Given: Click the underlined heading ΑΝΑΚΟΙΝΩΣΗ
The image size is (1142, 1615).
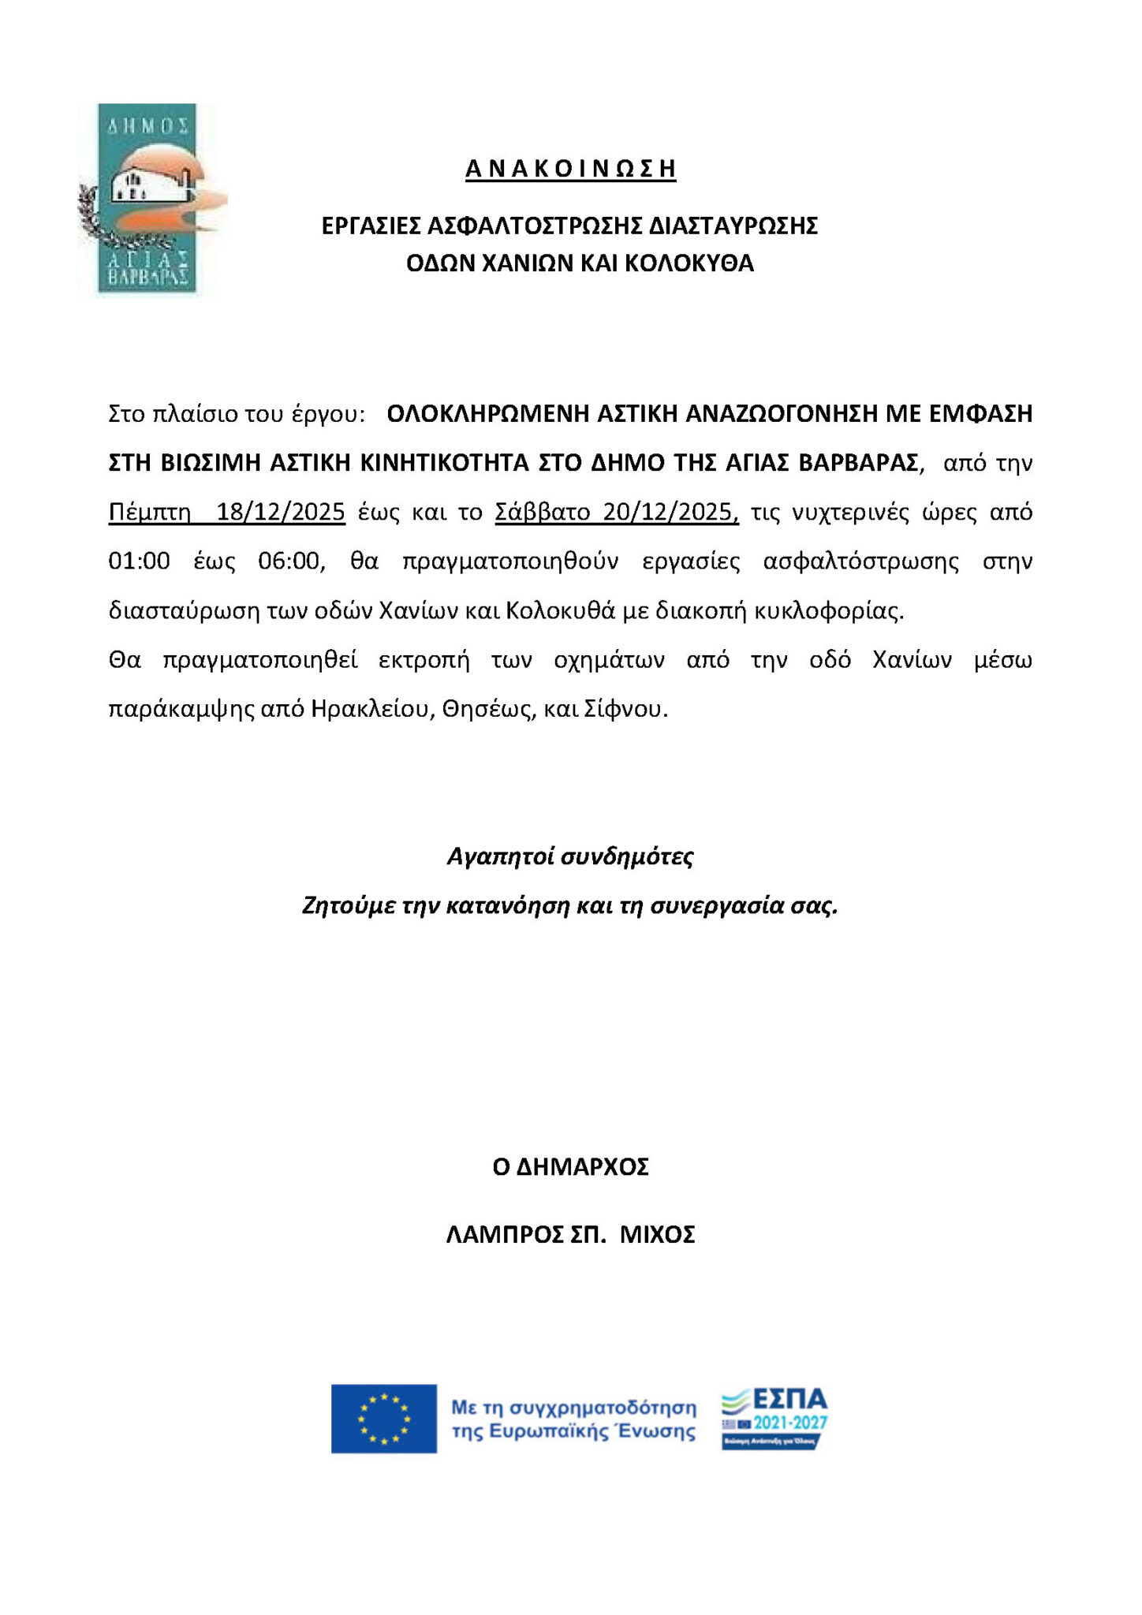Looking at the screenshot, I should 570,169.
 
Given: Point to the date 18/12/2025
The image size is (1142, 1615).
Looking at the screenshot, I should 281,513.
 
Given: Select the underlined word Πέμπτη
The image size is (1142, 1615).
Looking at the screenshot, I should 149,513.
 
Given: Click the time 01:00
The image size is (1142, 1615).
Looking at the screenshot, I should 139,561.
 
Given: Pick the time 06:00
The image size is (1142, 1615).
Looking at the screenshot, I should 291,561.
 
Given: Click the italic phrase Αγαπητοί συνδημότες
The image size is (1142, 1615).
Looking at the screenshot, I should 570,856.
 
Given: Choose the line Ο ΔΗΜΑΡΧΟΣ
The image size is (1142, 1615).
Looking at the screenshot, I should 570,1167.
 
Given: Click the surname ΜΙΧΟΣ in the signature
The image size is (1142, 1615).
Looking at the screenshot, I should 657,1235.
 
